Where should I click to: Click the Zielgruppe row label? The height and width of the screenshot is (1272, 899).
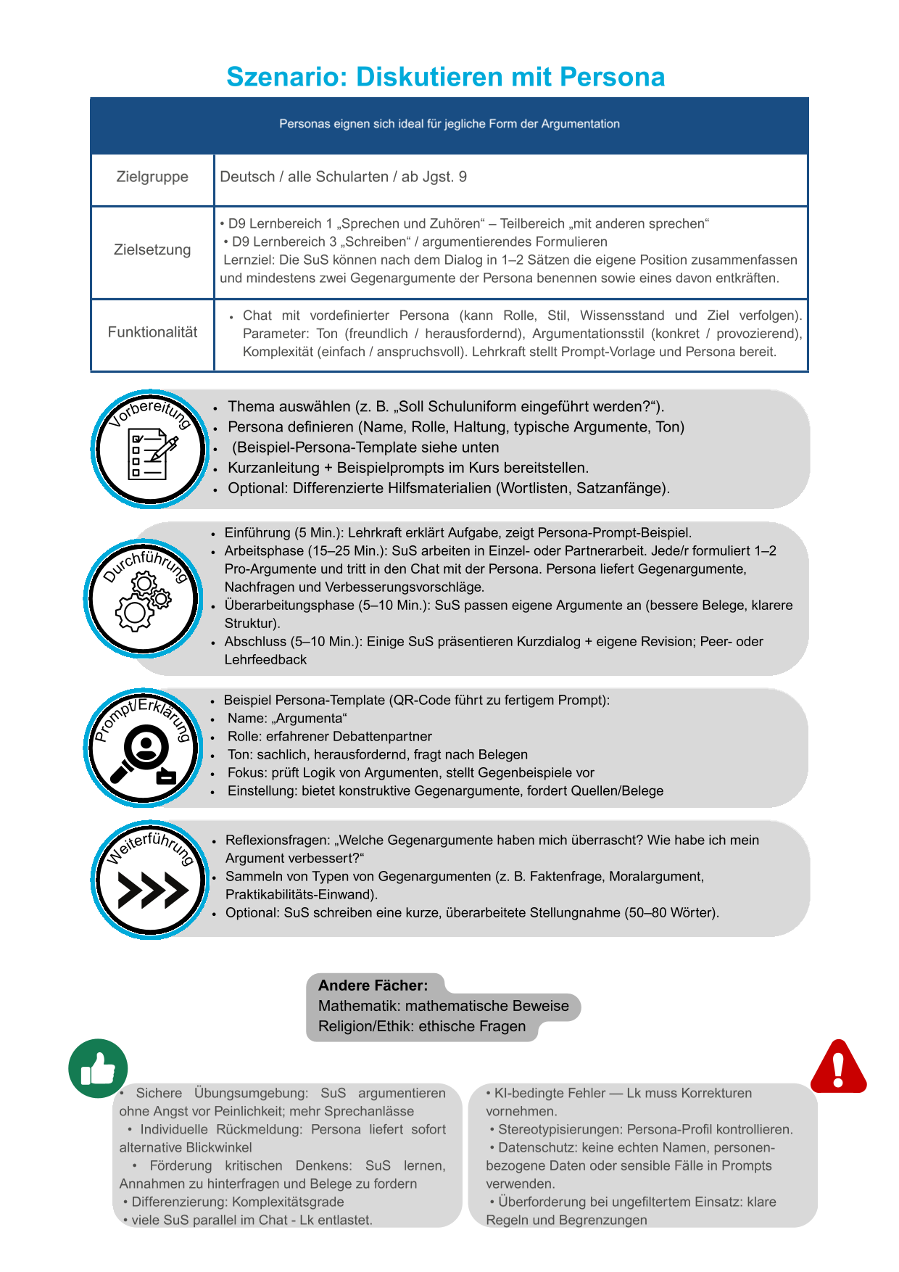coord(152,177)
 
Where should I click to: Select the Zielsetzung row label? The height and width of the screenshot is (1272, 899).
coord(152,249)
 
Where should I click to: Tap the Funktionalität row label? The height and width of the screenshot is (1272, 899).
coord(152,332)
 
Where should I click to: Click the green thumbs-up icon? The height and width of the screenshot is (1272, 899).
coord(98,1068)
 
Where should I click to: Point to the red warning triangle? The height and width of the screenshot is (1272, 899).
coord(838,1067)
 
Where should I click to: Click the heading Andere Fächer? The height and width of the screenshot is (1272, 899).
coord(373,986)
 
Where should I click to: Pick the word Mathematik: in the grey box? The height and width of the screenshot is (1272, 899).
coord(360,1006)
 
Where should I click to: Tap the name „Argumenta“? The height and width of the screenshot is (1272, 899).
coord(304,719)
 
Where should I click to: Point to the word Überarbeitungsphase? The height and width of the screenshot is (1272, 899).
coord(289,606)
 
